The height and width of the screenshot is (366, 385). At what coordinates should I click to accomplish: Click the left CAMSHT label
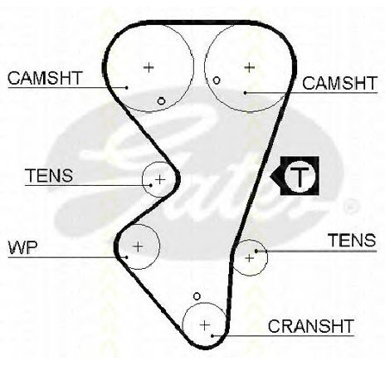(45, 78)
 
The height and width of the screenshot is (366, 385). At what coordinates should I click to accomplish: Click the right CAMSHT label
(339, 83)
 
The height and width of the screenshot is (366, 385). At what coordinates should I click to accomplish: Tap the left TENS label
(49, 175)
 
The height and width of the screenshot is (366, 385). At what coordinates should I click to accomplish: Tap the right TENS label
(352, 240)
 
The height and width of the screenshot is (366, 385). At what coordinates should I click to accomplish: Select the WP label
(22, 248)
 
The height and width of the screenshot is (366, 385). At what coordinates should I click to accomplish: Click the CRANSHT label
(311, 326)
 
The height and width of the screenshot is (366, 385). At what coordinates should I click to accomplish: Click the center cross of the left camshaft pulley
(149, 67)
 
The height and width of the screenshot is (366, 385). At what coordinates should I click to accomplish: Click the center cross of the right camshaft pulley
(250, 67)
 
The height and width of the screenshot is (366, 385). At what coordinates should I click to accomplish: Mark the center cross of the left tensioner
(160, 180)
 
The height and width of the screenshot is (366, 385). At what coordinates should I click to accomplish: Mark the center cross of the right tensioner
(250, 258)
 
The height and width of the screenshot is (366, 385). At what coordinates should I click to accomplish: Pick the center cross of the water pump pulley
(138, 246)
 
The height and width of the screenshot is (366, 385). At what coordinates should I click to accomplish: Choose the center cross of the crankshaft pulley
(205, 325)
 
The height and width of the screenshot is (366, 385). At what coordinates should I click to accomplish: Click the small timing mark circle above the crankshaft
(197, 296)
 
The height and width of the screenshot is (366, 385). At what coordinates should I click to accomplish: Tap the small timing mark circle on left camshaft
(161, 101)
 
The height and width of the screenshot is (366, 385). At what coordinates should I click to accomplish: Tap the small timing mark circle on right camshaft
(217, 81)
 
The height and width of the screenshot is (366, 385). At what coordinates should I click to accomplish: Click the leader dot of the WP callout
(126, 257)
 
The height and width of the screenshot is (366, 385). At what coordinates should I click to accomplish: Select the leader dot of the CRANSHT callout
(212, 335)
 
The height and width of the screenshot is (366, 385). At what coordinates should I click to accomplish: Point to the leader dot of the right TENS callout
(256, 251)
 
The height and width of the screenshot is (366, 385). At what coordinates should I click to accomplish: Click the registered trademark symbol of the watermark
(351, 206)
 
